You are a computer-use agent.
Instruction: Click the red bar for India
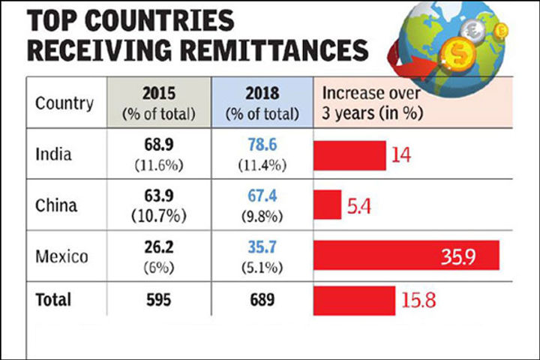coord(349,155)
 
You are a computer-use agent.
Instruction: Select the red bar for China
coord(327,204)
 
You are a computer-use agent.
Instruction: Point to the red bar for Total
coord(354,299)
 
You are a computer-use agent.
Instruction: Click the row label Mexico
coord(61,256)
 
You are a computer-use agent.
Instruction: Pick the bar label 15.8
coord(418,300)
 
